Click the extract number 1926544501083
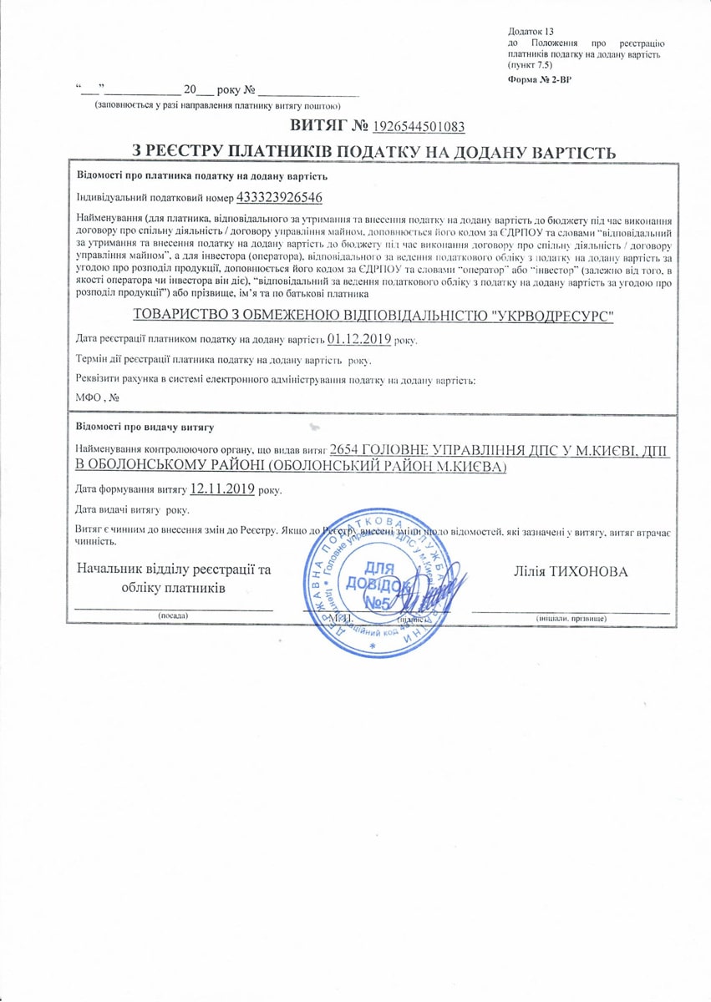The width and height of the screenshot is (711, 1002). [x=419, y=126]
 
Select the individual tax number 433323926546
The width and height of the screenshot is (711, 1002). [x=280, y=197]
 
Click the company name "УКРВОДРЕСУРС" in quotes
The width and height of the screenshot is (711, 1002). [x=543, y=315]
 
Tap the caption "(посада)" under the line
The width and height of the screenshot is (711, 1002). [x=174, y=615]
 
